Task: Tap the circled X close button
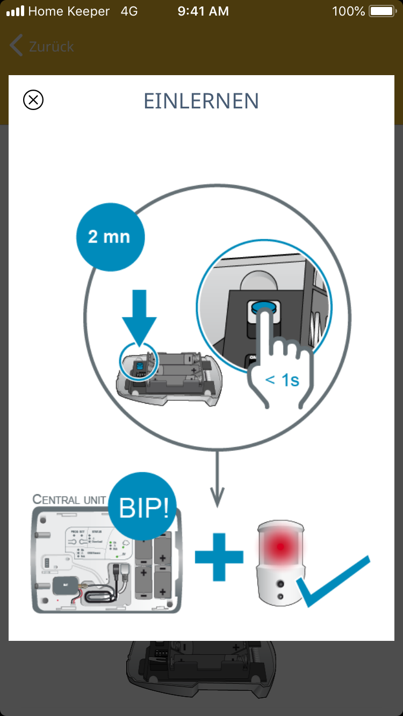point(33,100)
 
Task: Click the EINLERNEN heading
point(201,101)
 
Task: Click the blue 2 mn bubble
point(110,237)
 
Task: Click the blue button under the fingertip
point(262,309)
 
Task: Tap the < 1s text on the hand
point(282,380)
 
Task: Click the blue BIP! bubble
point(143,507)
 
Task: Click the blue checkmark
point(334,582)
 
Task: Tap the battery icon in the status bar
point(382,11)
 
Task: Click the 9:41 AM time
point(203,11)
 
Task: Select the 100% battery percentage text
point(348,11)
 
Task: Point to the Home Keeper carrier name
point(68,11)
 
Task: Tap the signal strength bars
point(15,11)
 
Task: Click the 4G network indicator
point(129,11)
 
